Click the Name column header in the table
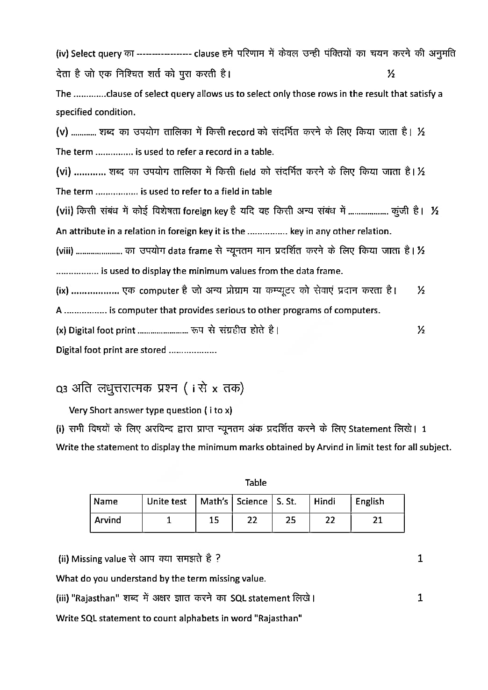pos(106,502)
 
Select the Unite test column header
pos(166,502)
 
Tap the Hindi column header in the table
pos(324,502)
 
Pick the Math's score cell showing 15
pos(214,520)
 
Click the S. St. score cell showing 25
pos(290,520)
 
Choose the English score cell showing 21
pos(378,520)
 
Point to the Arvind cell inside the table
pos(108,520)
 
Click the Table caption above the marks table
pos(256,482)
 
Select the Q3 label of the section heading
pos(62,389)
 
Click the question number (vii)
pos(65,211)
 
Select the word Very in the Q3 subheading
pos(78,410)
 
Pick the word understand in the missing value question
pos(135,579)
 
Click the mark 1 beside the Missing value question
pos(420,559)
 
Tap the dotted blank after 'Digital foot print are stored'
pos(192,351)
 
